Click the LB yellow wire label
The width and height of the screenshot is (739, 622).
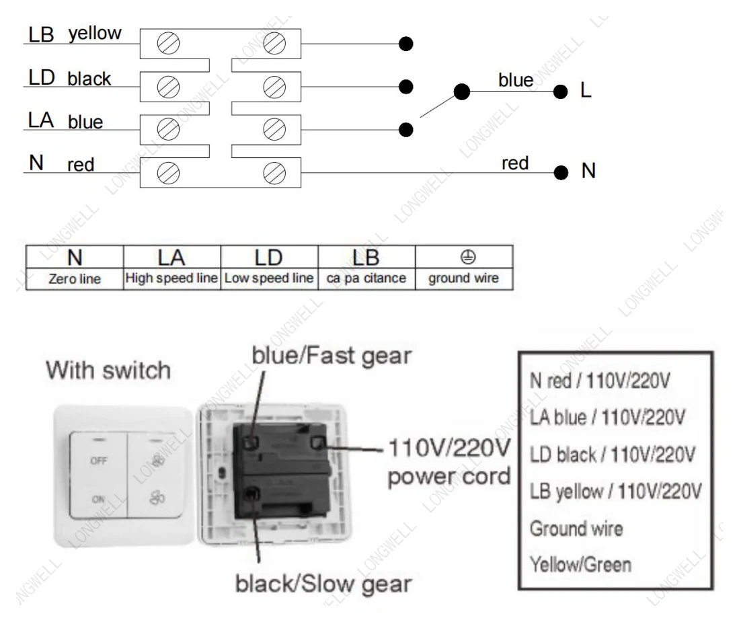click(x=75, y=34)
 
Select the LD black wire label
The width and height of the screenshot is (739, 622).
click(x=70, y=78)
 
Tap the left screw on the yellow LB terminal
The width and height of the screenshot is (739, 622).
click(x=168, y=44)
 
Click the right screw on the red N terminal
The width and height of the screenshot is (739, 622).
click(x=274, y=173)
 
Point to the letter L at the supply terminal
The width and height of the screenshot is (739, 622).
click(x=586, y=90)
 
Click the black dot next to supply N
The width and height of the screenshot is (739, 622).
click(x=561, y=173)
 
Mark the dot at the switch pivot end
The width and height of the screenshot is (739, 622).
click(x=462, y=91)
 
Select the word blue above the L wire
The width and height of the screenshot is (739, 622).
click(x=516, y=80)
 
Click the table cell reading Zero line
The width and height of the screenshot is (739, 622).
click(x=75, y=279)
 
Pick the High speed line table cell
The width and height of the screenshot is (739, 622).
click(x=171, y=278)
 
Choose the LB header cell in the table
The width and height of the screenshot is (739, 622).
click(x=366, y=258)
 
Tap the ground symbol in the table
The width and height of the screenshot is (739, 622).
click(x=467, y=258)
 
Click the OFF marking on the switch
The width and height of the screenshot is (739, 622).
click(x=98, y=461)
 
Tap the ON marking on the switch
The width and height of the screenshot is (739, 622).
click(x=98, y=499)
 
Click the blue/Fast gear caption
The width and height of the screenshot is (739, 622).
click(x=332, y=356)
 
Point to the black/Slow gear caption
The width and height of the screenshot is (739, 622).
click(x=323, y=584)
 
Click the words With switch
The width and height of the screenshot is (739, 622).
click(x=108, y=370)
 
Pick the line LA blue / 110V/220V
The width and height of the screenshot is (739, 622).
click(x=607, y=417)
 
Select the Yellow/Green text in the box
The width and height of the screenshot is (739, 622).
click(x=581, y=565)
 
